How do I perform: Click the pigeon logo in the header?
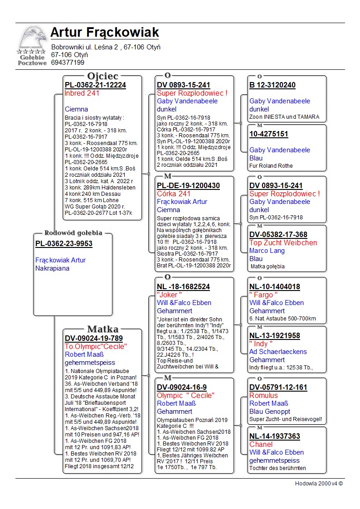(32, 45)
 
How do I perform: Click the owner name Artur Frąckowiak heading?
(105, 33)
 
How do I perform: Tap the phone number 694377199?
(68, 63)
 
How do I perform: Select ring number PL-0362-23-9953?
(64, 244)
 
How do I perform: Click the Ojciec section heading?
(103, 76)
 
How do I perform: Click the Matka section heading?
(103, 329)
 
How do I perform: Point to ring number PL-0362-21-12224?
(95, 85)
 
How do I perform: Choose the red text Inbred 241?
(82, 93)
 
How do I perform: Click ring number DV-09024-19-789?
(94, 338)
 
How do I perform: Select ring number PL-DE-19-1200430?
(188, 186)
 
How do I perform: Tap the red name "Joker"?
(167, 295)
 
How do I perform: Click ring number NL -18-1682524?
(183, 287)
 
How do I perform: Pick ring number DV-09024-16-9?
(181, 387)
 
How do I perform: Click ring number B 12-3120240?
(272, 85)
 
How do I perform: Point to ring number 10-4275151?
(268, 134)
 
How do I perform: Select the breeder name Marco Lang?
(267, 251)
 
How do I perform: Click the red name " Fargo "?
(263, 295)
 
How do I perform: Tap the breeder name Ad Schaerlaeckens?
(278, 352)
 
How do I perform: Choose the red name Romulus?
(263, 396)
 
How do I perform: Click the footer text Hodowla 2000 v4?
(319, 483)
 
